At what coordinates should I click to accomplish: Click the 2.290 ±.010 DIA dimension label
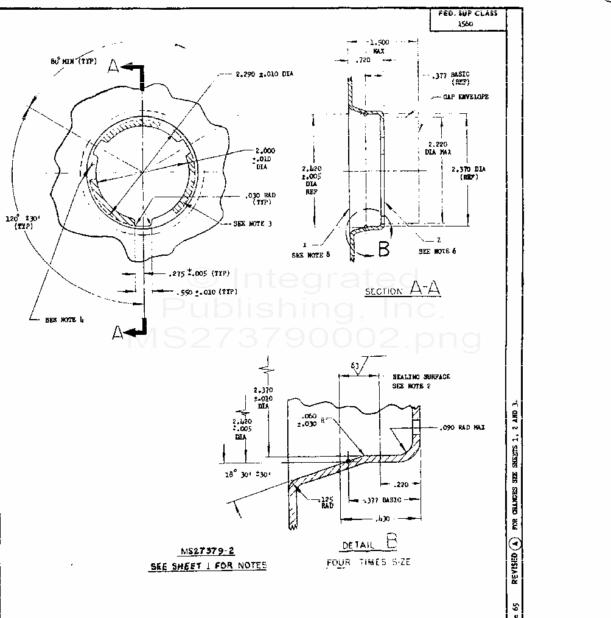tap(264, 74)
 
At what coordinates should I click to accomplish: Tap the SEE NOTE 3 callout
tap(253, 223)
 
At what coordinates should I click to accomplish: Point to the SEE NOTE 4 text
tap(61, 320)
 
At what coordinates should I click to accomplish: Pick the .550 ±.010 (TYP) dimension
tap(207, 292)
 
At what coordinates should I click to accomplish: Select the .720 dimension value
tap(363, 61)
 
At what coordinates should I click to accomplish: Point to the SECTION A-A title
tap(402, 290)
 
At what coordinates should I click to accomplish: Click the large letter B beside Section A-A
tap(383, 249)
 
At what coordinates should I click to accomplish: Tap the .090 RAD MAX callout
tap(461, 427)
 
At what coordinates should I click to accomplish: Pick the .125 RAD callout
tap(327, 502)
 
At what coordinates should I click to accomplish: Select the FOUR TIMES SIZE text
tap(368, 562)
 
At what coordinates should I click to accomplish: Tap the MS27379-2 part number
tap(208, 552)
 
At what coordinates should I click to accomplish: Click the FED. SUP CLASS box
tap(467, 17)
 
